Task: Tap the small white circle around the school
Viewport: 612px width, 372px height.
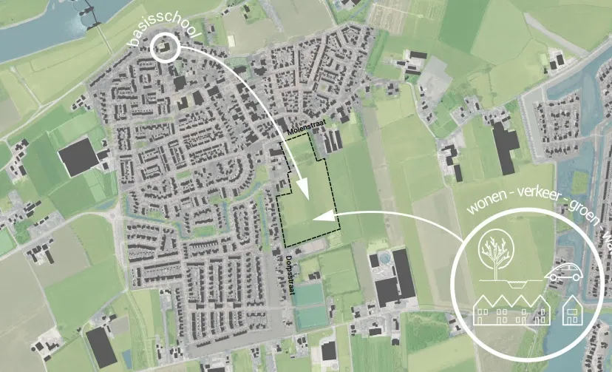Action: pyautogui.click(x=165, y=48)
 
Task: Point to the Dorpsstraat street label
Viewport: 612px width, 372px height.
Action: pyautogui.click(x=289, y=276)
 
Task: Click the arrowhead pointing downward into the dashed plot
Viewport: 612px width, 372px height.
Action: pyautogui.click(x=302, y=190)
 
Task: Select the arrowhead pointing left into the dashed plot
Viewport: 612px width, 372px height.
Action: pyautogui.click(x=319, y=217)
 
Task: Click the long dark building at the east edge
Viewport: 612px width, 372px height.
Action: pyautogui.click(x=505, y=146)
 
